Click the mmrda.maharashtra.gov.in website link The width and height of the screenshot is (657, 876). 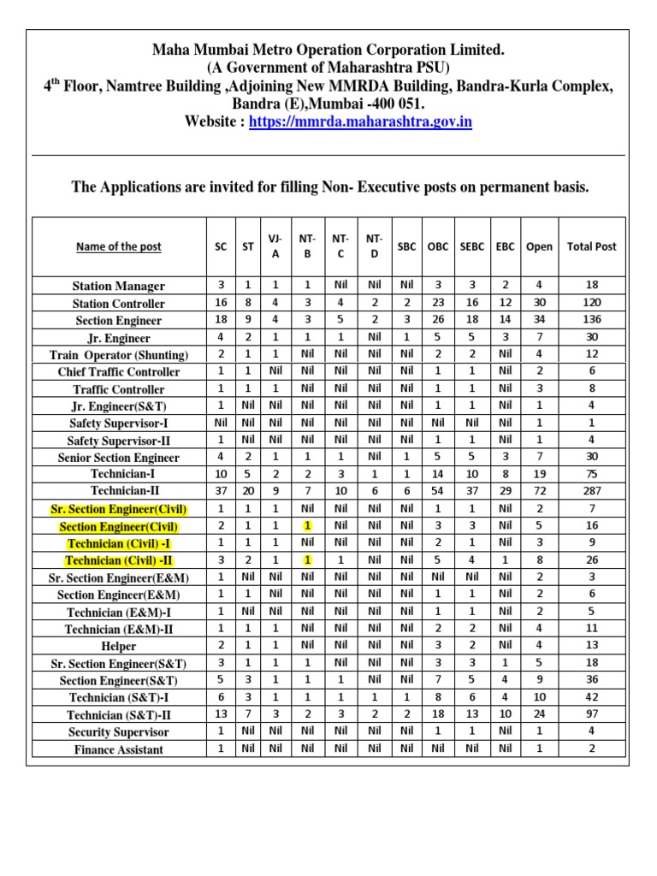click(x=360, y=122)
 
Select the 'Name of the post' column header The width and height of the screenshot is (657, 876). click(x=119, y=246)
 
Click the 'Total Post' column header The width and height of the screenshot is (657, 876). click(x=591, y=246)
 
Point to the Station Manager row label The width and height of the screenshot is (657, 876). click(x=119, y=286)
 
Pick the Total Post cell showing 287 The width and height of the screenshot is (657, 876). click(x=591, y=492)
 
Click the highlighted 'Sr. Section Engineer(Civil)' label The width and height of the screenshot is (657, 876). click(x=119, y=509)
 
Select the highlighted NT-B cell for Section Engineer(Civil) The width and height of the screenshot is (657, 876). click(x=308, y=526)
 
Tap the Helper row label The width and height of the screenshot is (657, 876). click(x=119, y=646)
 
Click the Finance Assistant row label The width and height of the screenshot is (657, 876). click(x=119, y=749)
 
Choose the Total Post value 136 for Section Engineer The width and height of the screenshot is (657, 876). click(x=591, y=320)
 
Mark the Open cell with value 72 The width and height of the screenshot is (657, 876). click(x=539, y=492)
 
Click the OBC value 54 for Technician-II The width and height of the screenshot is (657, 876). click(x=437, y=492)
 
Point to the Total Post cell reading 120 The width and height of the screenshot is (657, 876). click(x=591, y=303)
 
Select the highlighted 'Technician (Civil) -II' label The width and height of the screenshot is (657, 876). click(x=119, y=560)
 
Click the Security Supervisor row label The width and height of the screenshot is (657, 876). click(x=119, y=732)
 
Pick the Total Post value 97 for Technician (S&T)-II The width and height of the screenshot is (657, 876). click(x=591, y=715)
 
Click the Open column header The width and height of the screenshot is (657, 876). click(x=539, y=246)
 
